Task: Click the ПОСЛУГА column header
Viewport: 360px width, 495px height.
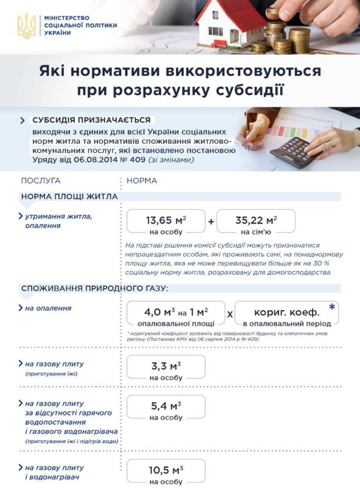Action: [41, 181]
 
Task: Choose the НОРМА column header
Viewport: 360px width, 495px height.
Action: [142, 181]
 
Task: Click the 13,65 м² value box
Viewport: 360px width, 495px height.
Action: [166, 224]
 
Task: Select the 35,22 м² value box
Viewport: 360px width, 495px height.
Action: [256, 224]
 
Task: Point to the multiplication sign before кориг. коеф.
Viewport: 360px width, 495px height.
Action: [230, 314]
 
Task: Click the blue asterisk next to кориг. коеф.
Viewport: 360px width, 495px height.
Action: [332, 308]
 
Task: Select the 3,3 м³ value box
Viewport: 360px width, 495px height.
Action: [166, 370]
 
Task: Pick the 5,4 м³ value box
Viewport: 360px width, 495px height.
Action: [166, 410]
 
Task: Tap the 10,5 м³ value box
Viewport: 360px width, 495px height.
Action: [166, 474]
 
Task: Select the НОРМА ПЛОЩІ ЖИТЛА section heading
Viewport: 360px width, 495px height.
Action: [69, 196]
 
